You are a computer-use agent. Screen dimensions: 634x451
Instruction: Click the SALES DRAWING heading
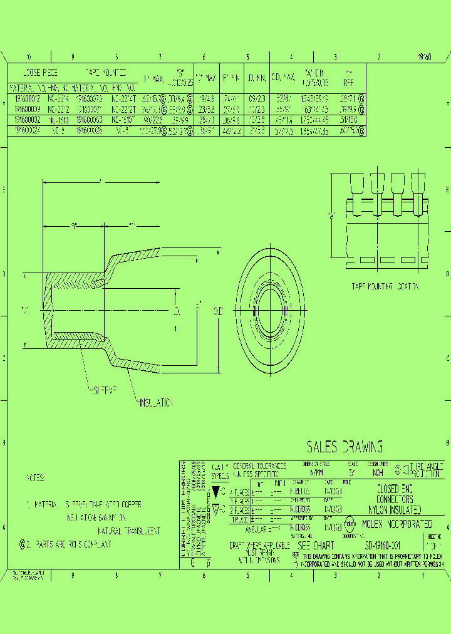[345, 447]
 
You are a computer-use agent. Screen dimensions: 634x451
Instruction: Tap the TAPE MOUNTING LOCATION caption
[385, 286]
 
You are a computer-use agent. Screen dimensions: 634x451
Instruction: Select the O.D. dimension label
[218, 311]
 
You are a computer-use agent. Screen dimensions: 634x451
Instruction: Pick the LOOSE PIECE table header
[40, 73]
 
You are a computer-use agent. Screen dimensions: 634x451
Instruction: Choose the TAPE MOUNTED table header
[105, 73]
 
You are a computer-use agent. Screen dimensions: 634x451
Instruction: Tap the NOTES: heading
[36, 478]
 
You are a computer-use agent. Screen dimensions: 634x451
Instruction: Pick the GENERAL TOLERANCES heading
[259, 466]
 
